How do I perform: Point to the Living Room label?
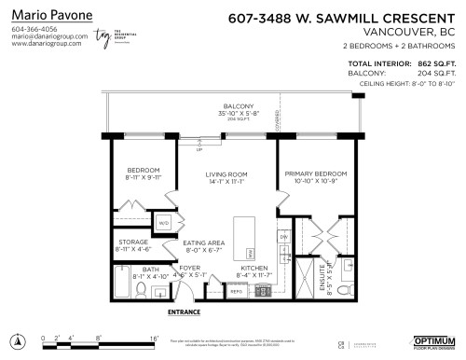[x=226, y=174]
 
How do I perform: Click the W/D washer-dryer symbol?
[x=162, y=224]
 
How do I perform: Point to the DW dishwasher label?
[x=283, y=238]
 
